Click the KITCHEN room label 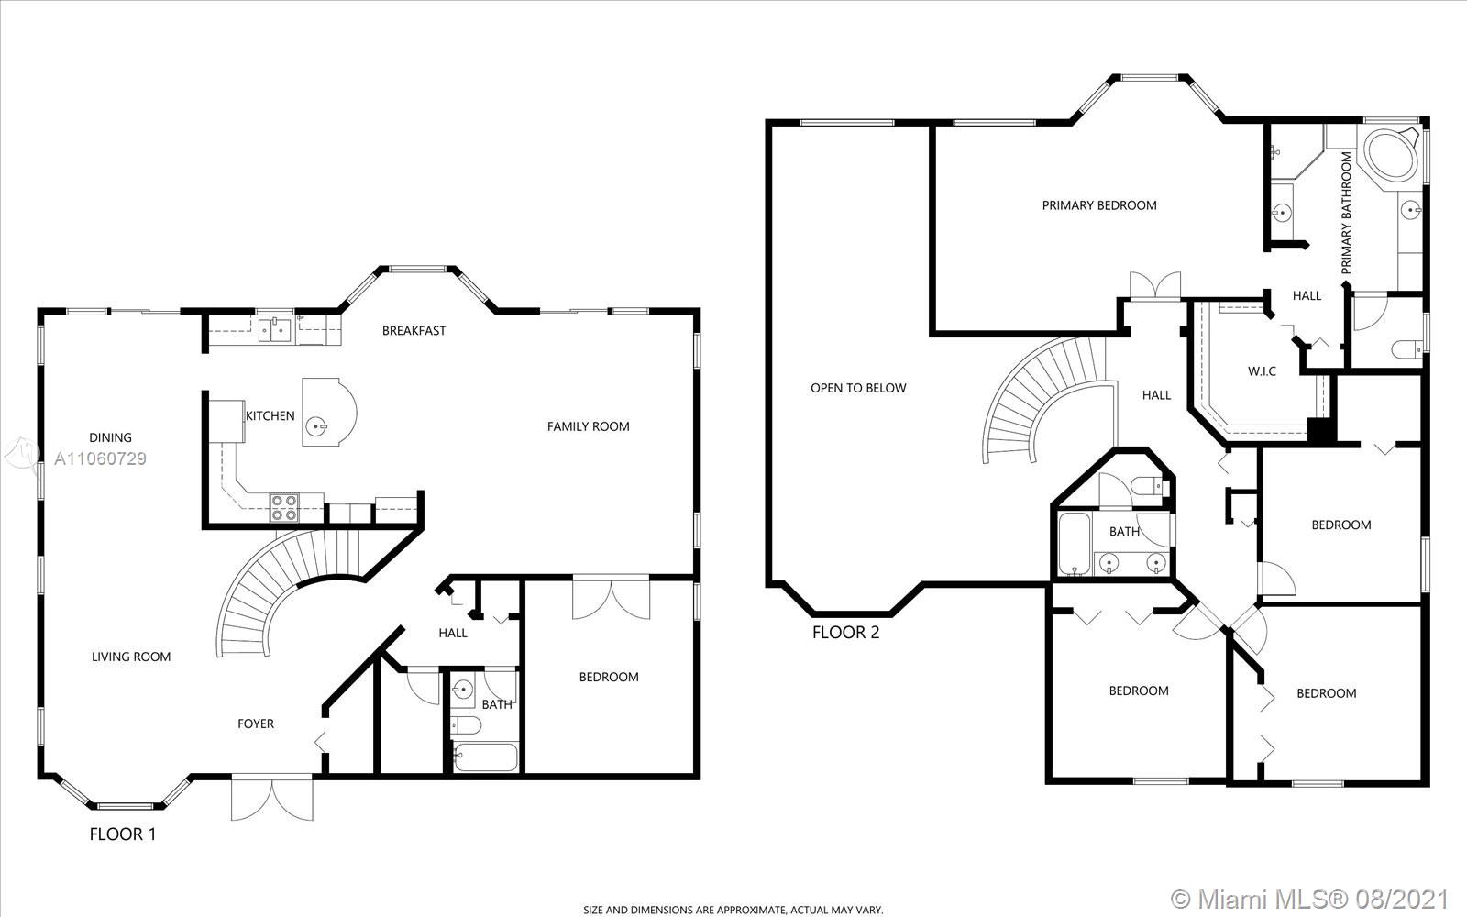click(x=270, y=416)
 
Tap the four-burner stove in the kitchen click(x=284, y=508)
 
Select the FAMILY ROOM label click(x=588, y=426)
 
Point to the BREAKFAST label click(x=414, y=331)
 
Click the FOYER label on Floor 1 click(x=256, y=724)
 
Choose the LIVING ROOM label click(x=131, y=657)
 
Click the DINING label click(x=110, y=437)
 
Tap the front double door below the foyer click(x=271, y=798)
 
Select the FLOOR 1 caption click(x=123, y=834)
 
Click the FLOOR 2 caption click(x=845, y=633)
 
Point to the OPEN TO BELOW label click(x=858, y=389)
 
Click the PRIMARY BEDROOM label click(x=1099, y=205)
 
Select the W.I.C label click(x=1262, y=371)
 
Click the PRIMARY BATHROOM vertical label click(x=1346, y=213)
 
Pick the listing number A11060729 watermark click(x=100, y=458)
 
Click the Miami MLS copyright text click(x=1308, y=898)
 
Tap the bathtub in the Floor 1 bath click(x=485, y=757)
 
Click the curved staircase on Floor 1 click(x=288, y=583)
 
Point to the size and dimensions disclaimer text click(x=733, y=910)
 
